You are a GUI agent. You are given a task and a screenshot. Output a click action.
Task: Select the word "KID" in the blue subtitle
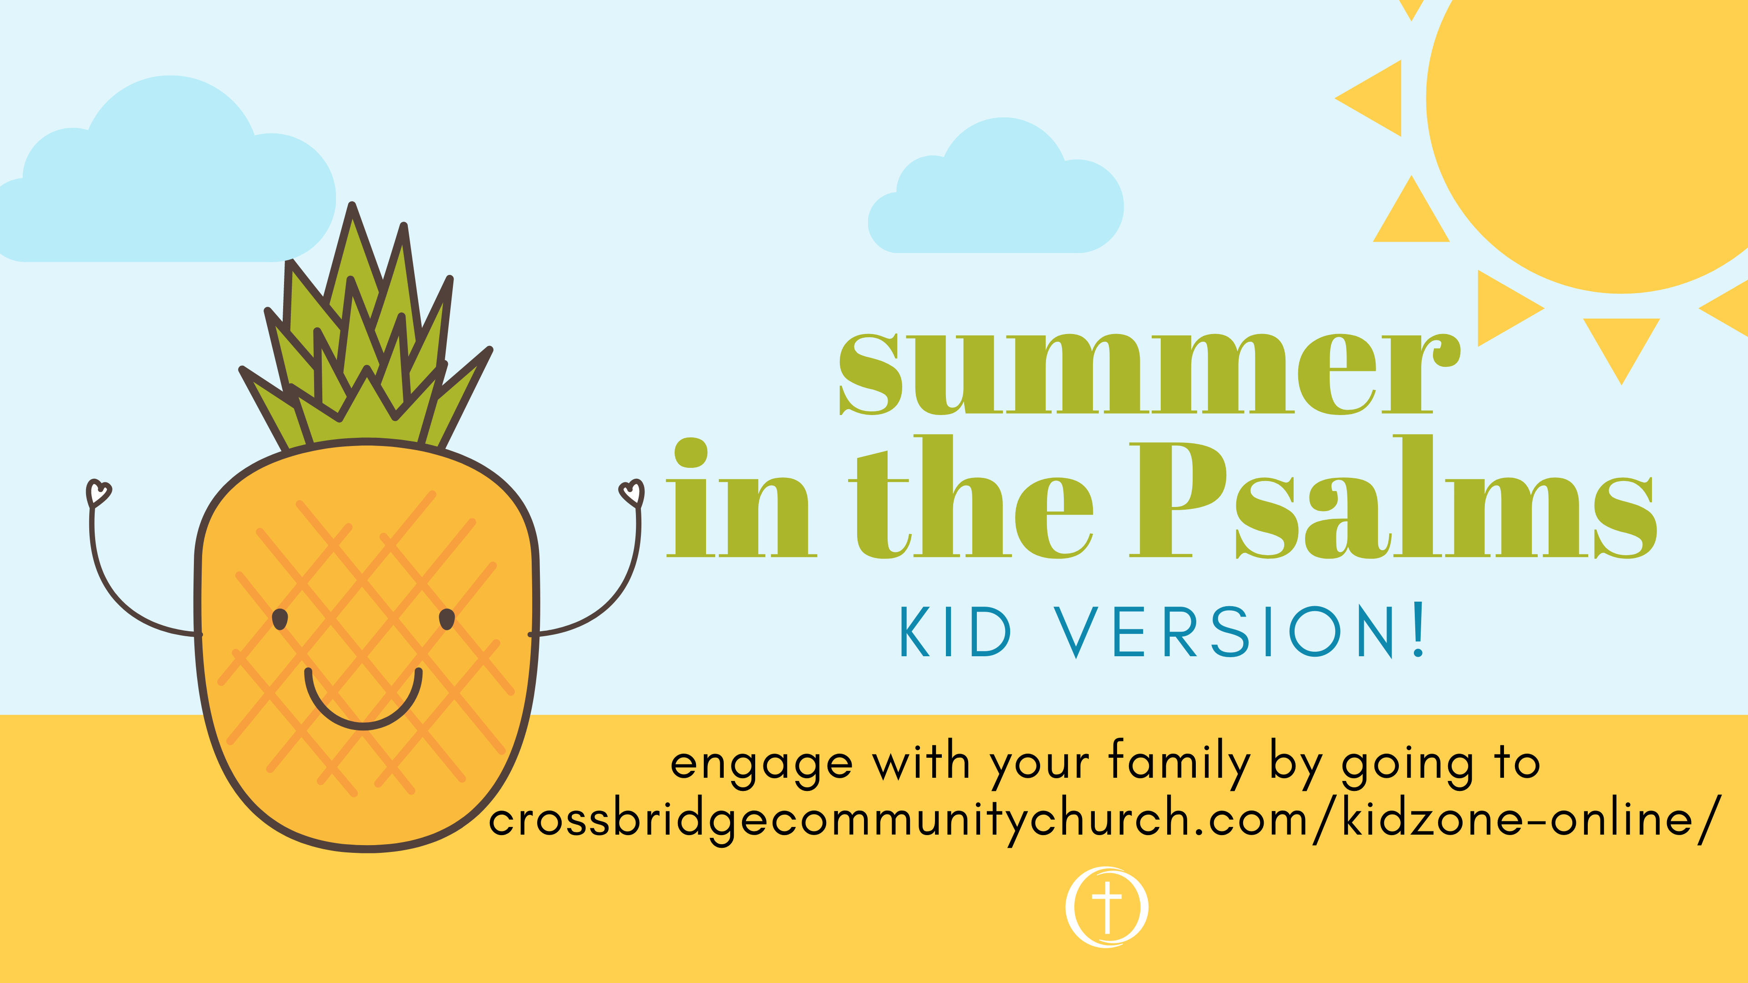tap(955, 632)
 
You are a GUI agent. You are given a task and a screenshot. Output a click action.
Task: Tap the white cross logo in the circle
tap(1107, 907)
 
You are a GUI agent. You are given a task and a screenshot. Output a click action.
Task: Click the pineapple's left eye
tap(279, 619)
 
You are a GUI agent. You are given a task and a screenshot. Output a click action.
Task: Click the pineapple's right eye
tap(447, 619)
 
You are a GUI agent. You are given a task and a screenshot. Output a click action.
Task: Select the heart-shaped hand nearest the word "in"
tap(632, 493)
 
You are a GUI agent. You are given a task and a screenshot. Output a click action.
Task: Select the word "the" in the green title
tap(971, 497)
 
